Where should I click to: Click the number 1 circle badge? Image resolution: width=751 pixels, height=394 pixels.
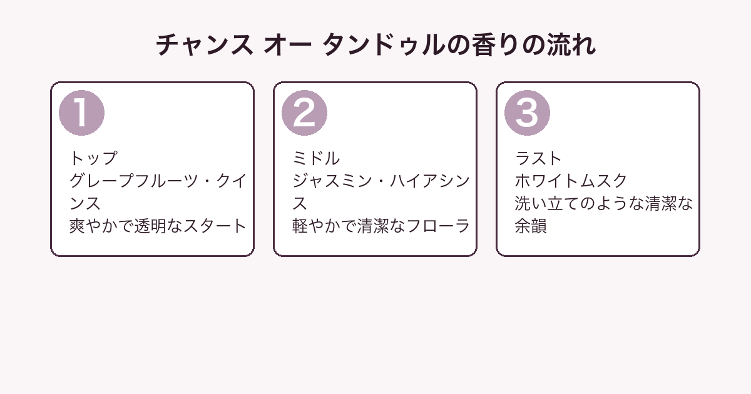[81, 113]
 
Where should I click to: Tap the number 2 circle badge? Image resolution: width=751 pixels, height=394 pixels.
[304, 113]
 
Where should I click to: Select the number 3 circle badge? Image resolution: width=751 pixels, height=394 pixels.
[527, 113]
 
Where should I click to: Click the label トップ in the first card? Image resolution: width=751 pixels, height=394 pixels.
[93, 158]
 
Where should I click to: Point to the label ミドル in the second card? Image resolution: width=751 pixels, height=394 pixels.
[316, 158]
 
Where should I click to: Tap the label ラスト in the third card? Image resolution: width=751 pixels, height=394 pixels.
[538, 158]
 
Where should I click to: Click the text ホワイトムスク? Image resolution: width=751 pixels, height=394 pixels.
[571, 181]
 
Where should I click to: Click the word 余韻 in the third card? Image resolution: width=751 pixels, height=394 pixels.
[531, 226]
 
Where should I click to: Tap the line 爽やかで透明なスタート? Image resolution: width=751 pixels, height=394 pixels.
[158, 226]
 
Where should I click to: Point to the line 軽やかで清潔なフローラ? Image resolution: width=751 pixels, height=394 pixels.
[381, 226]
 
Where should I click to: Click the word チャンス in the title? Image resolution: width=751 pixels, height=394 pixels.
[205, 45]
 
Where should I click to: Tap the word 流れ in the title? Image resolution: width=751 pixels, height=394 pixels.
[571, 45]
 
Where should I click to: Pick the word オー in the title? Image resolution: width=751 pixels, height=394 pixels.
[288, 45]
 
